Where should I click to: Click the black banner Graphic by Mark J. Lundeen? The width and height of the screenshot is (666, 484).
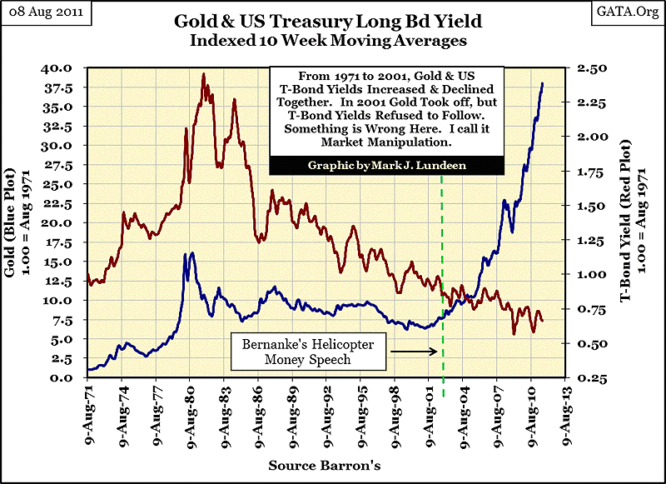point(386,166)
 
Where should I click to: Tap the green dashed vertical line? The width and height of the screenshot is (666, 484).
point(443,333)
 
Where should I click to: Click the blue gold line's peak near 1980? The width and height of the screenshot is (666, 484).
point(192,253)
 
